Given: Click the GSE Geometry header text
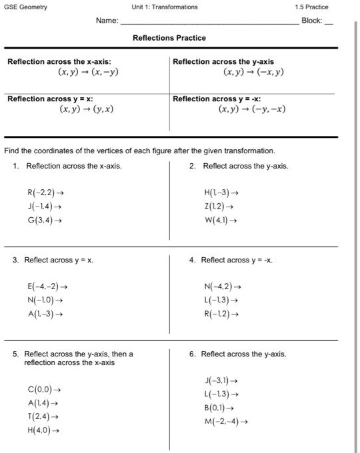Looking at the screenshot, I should (26, 7).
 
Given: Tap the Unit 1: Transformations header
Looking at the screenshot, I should (165, 7).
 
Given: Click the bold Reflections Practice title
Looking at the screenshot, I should (169, 38).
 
